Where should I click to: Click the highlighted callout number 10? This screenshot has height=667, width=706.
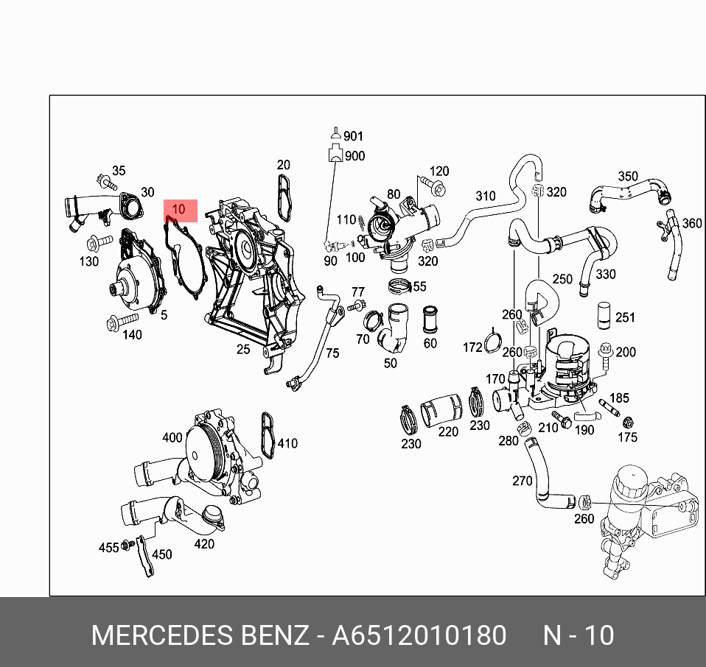[x=178, y=210]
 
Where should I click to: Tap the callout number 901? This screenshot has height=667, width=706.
[x=354, y=136]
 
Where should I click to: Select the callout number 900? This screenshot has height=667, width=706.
[x=354, y=156]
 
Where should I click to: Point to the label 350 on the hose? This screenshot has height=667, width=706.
[x=628, y=177]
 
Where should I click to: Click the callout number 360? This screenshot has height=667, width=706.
[x=692, y=223]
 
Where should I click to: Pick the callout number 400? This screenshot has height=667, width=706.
[x=172, y=438]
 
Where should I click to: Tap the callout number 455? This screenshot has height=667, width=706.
[x=109, y=548]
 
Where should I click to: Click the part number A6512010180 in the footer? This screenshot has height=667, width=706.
[x=419, y=635]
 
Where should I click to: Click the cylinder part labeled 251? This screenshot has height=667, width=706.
[x=604, y=314]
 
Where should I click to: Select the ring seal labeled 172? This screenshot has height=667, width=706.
[x=493, y=344]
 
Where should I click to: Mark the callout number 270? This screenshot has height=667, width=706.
[x=522, y=481]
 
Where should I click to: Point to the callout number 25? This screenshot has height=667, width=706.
[x=244, y=349]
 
